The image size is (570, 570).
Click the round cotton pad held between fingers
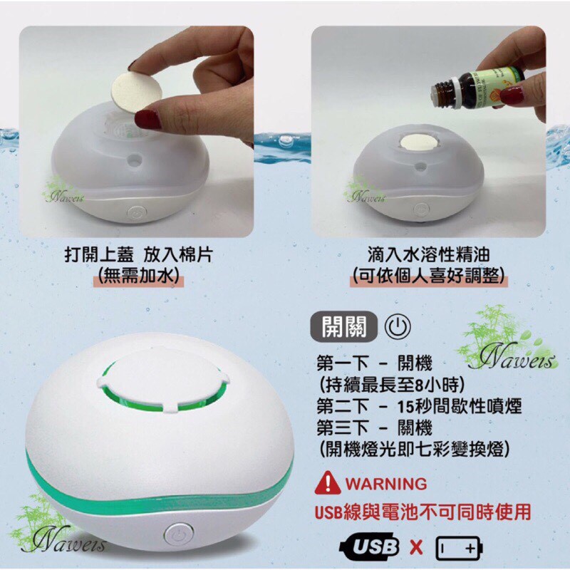click(x=136, y=92)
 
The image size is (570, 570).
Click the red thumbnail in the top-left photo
click(x=148, y=119)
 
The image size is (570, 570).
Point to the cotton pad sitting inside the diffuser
click(x=419, y=142)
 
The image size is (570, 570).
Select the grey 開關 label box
click(x=343, y=326)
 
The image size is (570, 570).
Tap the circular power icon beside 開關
click(x=398, y=326)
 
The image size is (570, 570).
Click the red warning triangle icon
click(x=328, y=483)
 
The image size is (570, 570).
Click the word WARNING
click(x=386, y=484)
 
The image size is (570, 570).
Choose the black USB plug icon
click(x=368, y=546)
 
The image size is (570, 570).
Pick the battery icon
click(x=459, y=547)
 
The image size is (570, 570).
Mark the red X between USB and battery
click(x=417, y=547)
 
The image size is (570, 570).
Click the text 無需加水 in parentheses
click(x=138, y=276)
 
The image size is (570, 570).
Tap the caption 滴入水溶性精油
click(x=429, y=254)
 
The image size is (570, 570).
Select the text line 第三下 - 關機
click(x=375, y=427)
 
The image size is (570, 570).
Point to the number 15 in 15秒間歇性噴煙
click(x=405, y=407)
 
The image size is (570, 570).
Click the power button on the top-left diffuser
click(x=137, y=213)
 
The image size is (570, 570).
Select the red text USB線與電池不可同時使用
click(x=423, y=512)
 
